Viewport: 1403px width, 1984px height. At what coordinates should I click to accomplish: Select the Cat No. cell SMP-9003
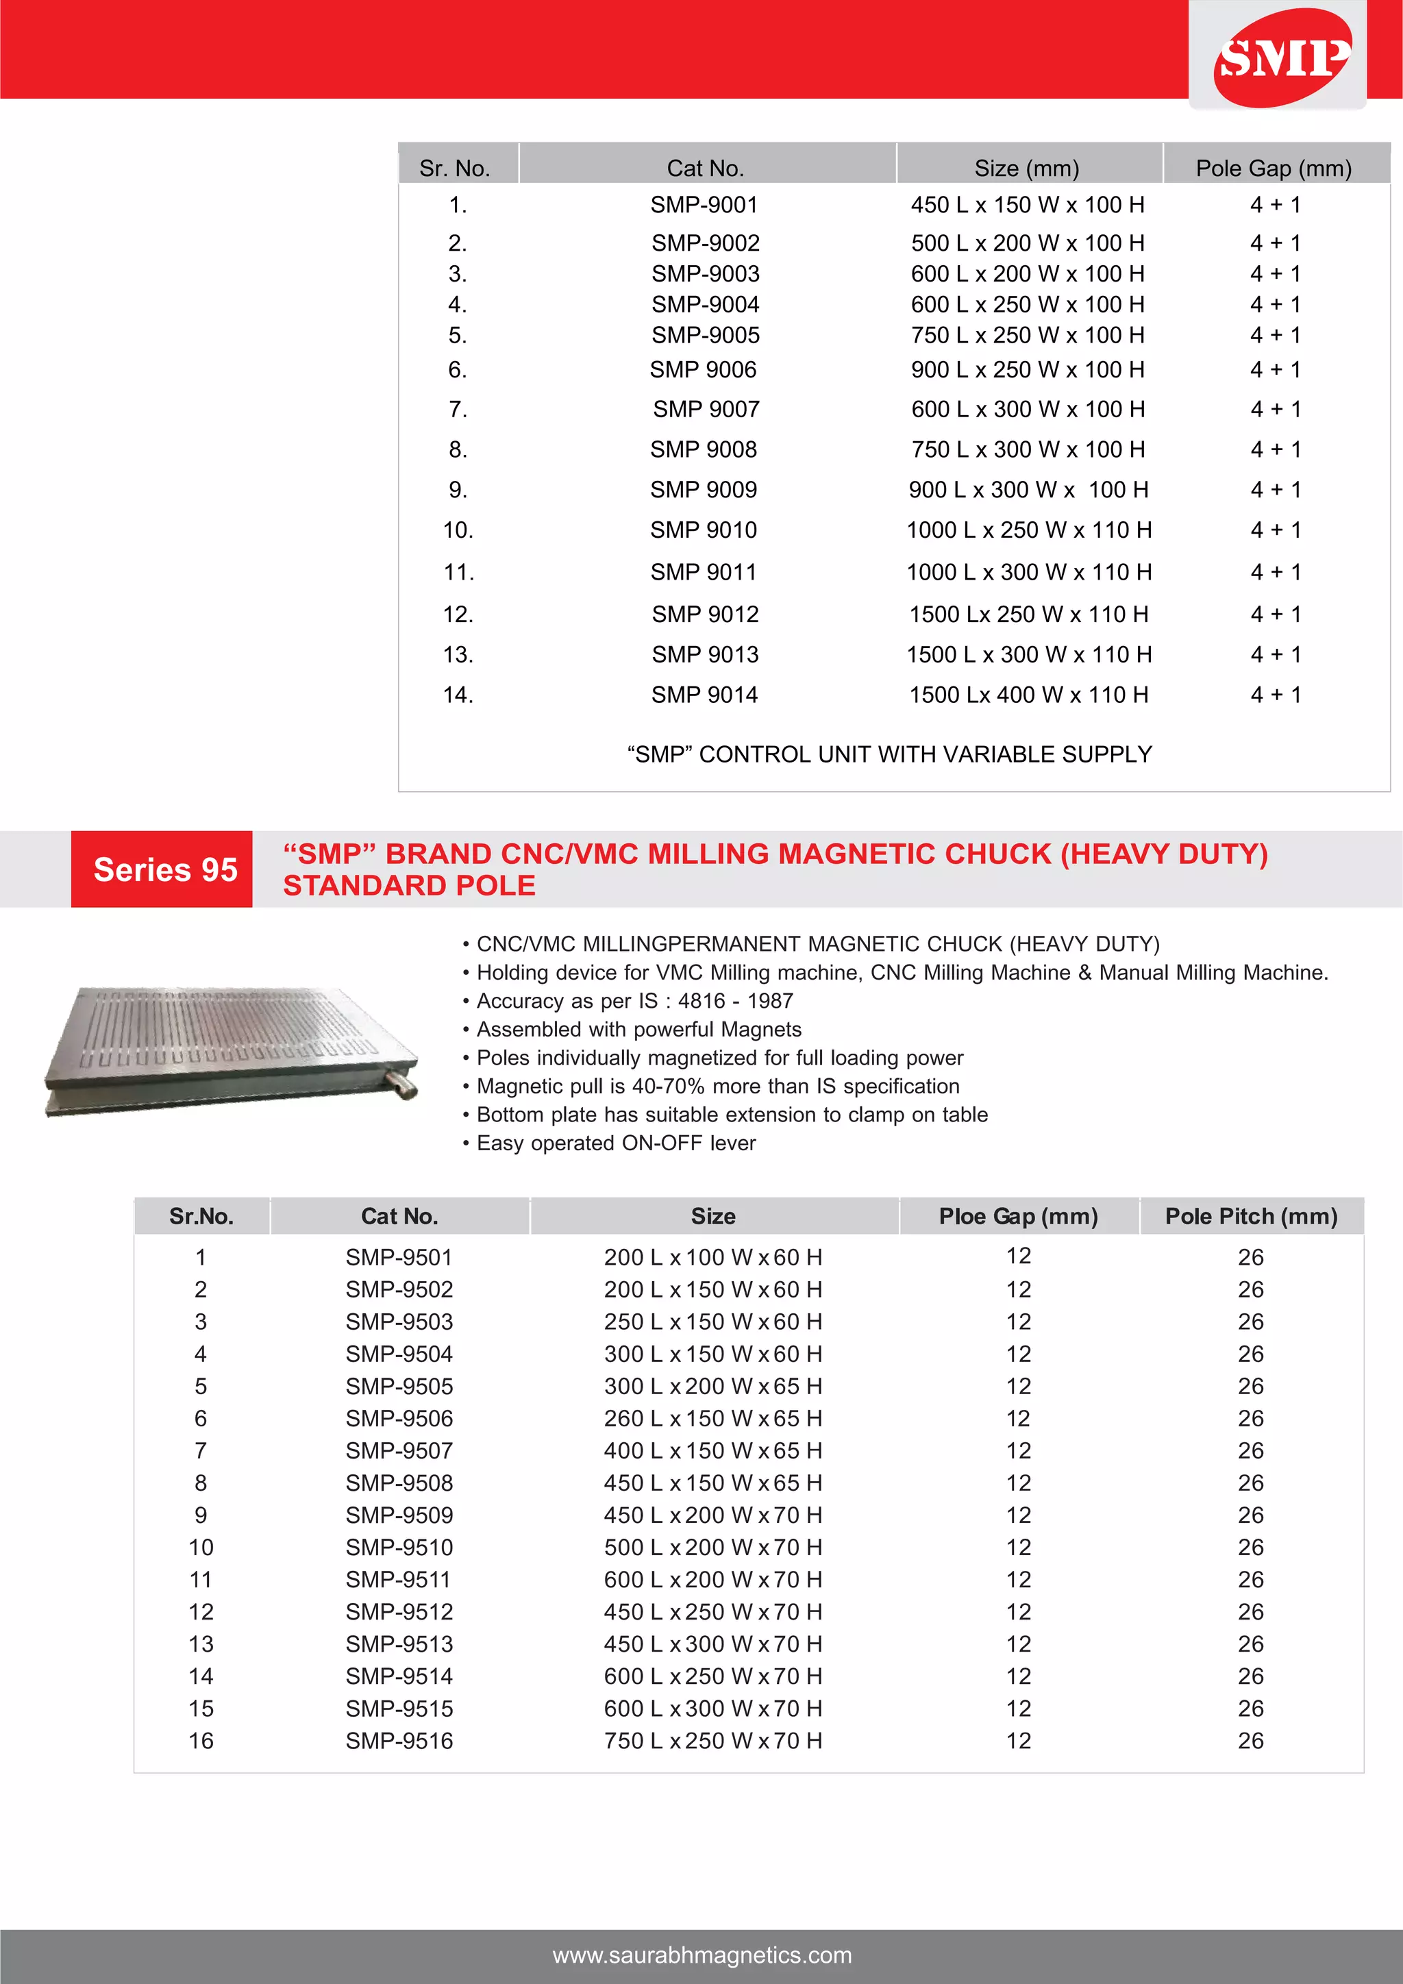pyautogui.click(x=705, y=274)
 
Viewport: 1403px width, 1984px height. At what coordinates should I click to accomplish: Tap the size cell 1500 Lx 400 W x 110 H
pyautogui.click(x=1028, y=695)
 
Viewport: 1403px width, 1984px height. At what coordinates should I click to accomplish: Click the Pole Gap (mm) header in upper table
pyautogui.click(x=1274, y=169)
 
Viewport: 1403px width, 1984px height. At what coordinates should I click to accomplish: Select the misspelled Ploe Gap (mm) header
pyautogui.click(x=1018, y=1217)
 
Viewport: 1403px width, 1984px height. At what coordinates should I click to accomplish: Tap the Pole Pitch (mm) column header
pyautogui.click(x=1250, y=1217)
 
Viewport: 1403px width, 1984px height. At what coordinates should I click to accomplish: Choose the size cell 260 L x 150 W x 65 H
pyautogui.click(x=712, y=1418)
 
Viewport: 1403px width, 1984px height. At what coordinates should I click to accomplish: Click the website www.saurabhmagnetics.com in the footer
pyautogui.click(x=701, y=1955)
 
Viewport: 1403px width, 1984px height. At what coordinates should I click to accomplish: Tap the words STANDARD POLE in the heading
pyautogui.click(x=410, y=886)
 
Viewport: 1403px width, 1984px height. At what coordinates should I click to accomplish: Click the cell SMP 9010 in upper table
pyautogui.click(x=704, y=530)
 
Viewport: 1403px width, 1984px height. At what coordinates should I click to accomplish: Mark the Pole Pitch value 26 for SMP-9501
pyautogui.click(x=1250, y=1257)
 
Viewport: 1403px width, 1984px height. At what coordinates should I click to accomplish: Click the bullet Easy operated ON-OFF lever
pyautogui.click(x=615, y=1143)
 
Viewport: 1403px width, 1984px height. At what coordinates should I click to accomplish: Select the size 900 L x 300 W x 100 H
pyautogui.click(x=1028, y=490)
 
